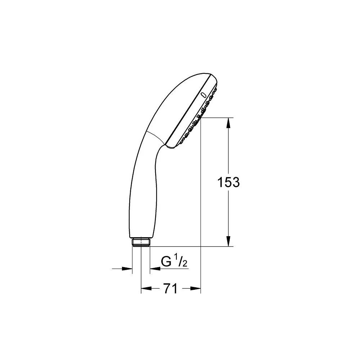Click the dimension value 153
tap(229, 183)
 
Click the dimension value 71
tap(170, 288)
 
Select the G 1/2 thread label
tap(174, 262)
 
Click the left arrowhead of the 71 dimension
tap(144, 288)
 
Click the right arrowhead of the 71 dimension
tap(196, 288)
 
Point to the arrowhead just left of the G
tap(154, 269)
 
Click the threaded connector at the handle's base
tap(141, 242)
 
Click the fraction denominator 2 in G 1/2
tap(185, 264)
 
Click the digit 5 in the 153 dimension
tap(229, 183)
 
